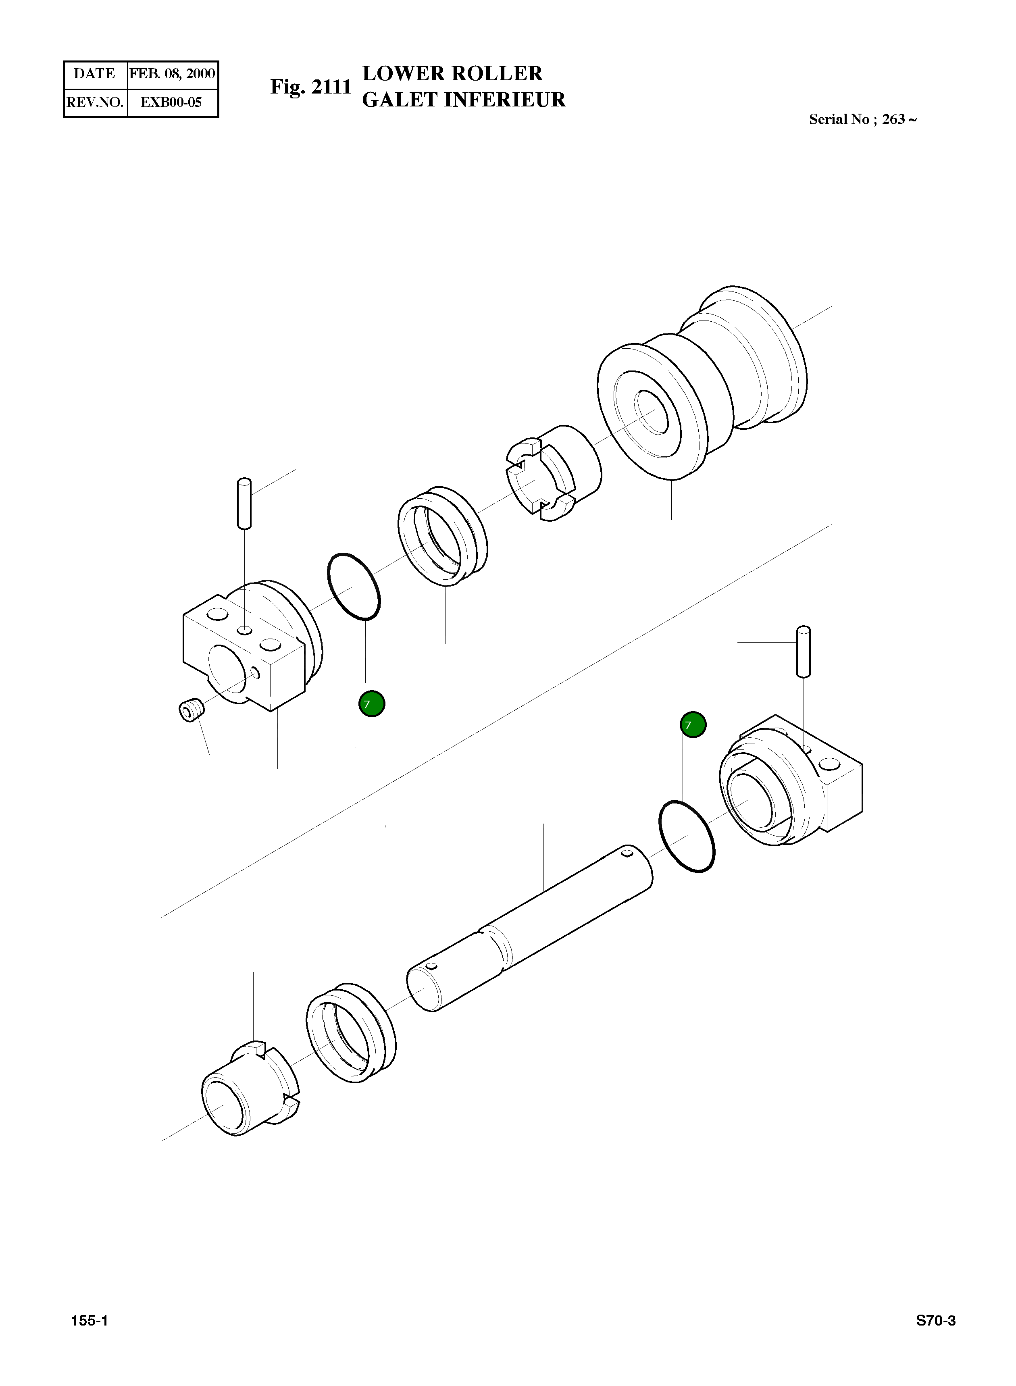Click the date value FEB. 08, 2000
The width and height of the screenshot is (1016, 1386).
click(172, 74)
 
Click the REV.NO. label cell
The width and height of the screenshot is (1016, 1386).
click(95, 102)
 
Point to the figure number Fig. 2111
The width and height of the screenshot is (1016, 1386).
click(310, 87)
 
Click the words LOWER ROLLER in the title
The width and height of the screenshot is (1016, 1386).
click(452, 73)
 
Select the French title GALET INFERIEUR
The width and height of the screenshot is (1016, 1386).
click(463, 100)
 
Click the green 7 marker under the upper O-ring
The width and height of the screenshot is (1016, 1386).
click(371, 704)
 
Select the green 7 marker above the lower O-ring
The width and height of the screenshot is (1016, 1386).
click(693, 725)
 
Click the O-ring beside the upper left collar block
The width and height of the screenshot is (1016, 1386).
click(354, 586)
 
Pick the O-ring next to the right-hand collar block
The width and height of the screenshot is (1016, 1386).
click(686, 836)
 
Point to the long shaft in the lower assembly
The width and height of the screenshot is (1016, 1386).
click(529, 928)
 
